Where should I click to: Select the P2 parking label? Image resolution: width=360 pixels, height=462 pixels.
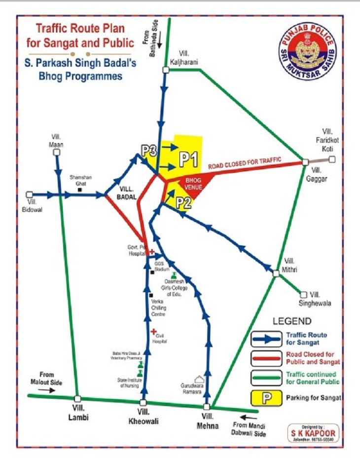[183, 201]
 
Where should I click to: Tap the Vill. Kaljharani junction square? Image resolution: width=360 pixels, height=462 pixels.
[166, 70]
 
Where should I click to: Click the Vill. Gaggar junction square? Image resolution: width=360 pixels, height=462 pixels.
[305, 162]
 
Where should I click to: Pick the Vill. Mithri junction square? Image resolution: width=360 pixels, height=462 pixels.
[276, 272]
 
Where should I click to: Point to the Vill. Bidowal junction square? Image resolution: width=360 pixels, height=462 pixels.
[30, 194]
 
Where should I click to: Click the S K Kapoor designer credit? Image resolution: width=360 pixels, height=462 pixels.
[313, 433]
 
